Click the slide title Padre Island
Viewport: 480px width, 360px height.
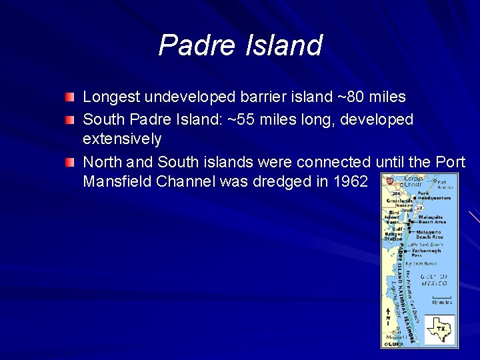240,45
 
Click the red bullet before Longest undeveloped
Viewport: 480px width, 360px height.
70,98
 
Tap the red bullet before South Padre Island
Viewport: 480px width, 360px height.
70,120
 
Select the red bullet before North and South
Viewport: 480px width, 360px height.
70,163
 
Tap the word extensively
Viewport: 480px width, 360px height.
122,139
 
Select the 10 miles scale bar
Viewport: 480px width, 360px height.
441,299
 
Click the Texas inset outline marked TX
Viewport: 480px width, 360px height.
440,329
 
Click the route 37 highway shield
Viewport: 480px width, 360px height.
389,181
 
